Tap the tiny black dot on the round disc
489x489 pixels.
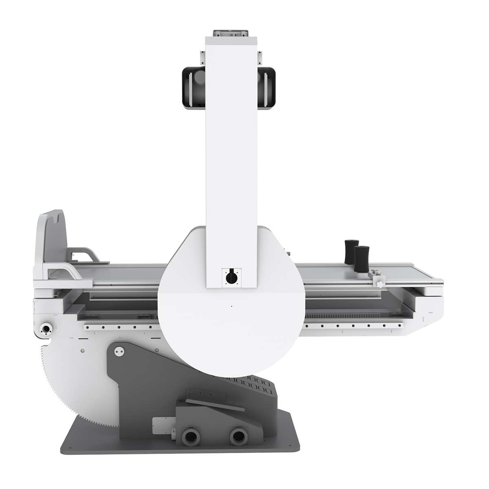(x=231, y=306)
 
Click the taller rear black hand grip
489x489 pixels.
(x=350, y=251)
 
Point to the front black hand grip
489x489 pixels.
(x=361, y=258)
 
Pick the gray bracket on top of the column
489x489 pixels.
(x=231, y=33)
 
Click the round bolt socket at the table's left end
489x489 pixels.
(x=46, y=328)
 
